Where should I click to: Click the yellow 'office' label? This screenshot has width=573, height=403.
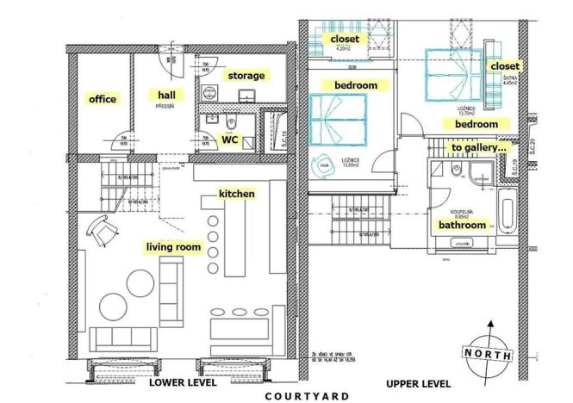[102, 99]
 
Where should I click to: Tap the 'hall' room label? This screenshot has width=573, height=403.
[167, 94]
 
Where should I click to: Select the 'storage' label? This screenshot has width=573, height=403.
[246, 76]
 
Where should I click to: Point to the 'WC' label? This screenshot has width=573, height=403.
[230, 138]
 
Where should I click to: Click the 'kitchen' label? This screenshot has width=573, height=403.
[236, 194]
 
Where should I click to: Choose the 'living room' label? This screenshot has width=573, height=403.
[173, 248]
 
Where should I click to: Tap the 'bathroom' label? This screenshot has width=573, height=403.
[463, 225]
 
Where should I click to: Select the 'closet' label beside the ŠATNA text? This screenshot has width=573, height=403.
[504, 66]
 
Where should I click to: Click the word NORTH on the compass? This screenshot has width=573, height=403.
[489, 354]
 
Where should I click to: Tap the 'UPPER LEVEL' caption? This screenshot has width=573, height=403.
[416, 382]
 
